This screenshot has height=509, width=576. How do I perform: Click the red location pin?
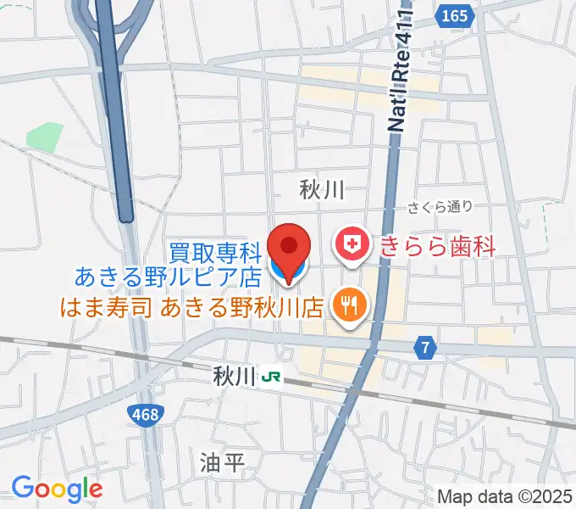click(x=289, y=249)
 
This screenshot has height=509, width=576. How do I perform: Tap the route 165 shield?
click(x=455, y=15)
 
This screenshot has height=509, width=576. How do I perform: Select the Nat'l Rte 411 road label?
click(x=401, y=72)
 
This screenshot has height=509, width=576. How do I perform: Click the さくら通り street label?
click(x=438, y=206)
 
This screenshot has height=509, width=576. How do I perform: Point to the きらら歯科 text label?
click(x=437, y=246)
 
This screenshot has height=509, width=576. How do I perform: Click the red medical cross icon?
click(x=352, y=246)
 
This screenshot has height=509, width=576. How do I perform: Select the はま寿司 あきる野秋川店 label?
click(x=191, y=305)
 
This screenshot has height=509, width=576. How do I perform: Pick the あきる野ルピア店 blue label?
click(x=168, y=277)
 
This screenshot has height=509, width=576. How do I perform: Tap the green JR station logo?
click(x=271, y=373)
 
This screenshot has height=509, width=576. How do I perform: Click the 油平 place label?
click(x=223, y=462)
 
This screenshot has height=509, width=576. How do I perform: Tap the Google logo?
click(x=57, y=488)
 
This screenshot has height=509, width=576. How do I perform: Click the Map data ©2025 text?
click(x=506, y=496)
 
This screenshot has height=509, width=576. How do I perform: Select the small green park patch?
click(x=45, y=137)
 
